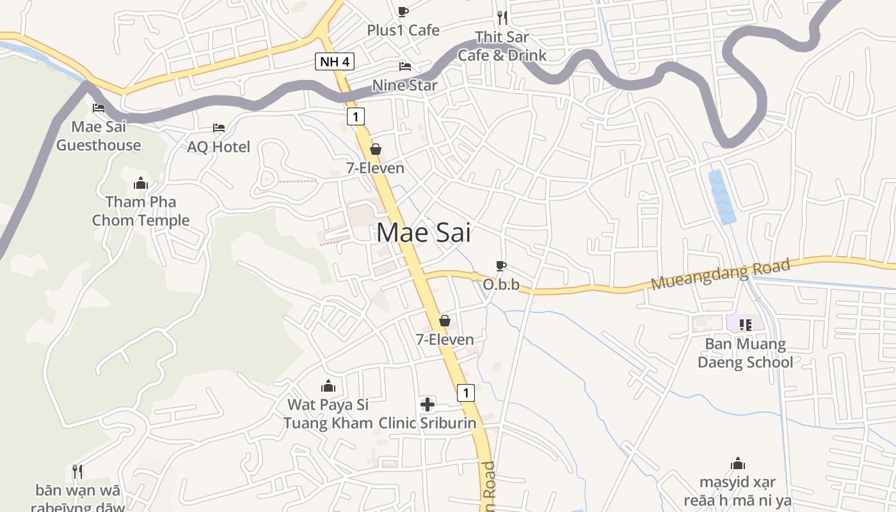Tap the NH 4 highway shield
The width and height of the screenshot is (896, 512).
(x=334, y=62)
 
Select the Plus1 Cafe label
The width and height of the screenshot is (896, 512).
(x=403, y=30)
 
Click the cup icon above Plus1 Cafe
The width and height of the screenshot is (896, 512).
(x=403, y=12)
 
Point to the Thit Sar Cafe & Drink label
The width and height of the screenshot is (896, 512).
(x=502, y=46)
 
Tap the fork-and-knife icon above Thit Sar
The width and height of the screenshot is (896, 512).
(x=502, y=17)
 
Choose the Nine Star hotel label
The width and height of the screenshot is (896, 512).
(x=405, y=85)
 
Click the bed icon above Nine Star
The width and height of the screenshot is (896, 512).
(x=404, y=66)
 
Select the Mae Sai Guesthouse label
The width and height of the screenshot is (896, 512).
(x=99, y=136)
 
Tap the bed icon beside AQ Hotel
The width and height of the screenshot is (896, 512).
(x=219, y=128)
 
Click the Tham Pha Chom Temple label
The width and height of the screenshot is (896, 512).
(x=141, y=211)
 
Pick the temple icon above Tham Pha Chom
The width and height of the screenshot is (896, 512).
(x=141, y=184)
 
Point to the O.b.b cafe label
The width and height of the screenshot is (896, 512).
(x=501, y=285)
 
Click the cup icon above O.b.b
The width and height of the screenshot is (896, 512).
(x=501, y=266)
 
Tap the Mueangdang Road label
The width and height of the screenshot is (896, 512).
(x=721, y=275)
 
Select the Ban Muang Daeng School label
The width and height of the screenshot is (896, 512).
(x=745, y=353)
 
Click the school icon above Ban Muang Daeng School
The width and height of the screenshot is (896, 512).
(x=745, y=324)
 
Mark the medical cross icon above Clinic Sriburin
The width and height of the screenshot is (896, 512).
(x=427, y=404)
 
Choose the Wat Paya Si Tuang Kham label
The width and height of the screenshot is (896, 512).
(x=328, y=413)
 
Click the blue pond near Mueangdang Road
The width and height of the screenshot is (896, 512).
(x=722, y=196)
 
